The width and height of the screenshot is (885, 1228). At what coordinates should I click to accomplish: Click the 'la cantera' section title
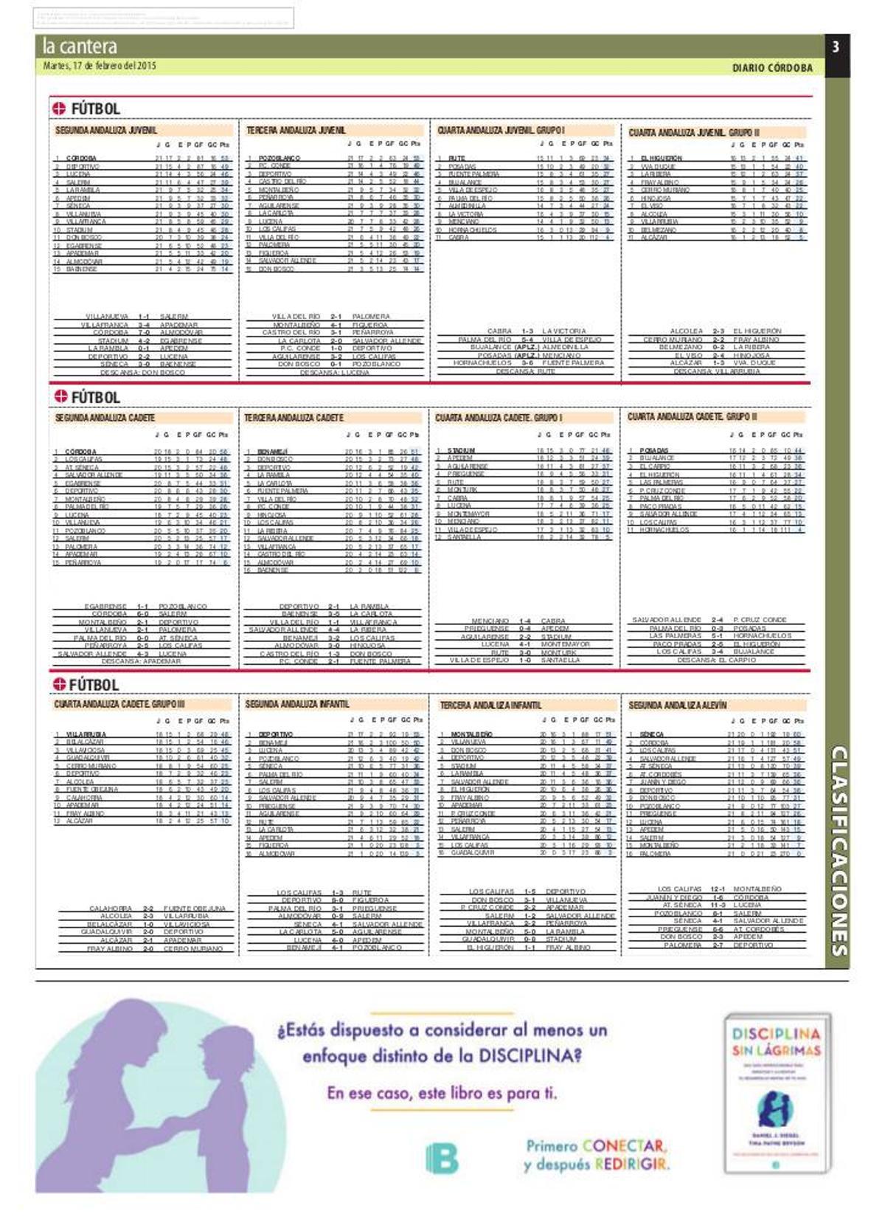coord(80,46)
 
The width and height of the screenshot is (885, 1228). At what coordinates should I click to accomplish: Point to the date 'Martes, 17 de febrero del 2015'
coord(100,66)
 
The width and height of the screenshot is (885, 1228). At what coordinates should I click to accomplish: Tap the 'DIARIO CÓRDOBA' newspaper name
coord(772,68)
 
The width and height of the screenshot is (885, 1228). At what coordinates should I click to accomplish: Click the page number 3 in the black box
coord(836,47)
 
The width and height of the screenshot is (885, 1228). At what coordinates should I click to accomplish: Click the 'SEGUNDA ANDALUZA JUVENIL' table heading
coord(106,131)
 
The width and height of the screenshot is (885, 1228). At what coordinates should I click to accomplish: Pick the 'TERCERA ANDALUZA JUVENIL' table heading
coord(296,131)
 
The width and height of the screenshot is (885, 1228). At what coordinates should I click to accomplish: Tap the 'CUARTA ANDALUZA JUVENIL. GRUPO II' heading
coord(694,133)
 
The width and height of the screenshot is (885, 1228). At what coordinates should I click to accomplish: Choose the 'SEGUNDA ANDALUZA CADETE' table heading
coord(105,418)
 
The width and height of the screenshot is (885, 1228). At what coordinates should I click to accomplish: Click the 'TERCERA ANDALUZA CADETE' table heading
coord(294,418)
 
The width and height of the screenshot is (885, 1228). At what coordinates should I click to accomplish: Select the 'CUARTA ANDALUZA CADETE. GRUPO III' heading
coord(119,704)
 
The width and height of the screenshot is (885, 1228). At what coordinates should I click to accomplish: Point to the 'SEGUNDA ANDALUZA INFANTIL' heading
coord(297,704)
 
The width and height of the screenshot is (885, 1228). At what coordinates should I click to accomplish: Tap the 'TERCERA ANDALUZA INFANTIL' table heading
coord(490,706)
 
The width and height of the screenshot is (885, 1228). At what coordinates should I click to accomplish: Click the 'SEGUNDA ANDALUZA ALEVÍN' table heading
coord(677,706)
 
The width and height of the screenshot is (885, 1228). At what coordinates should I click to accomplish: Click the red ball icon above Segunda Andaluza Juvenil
coord(60,109)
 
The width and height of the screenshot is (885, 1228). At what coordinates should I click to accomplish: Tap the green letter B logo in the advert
coord(442,1158)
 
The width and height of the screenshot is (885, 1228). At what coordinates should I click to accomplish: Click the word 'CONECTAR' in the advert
coord(624,1146)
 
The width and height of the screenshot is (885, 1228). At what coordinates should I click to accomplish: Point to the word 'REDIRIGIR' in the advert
coord(632,1165)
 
